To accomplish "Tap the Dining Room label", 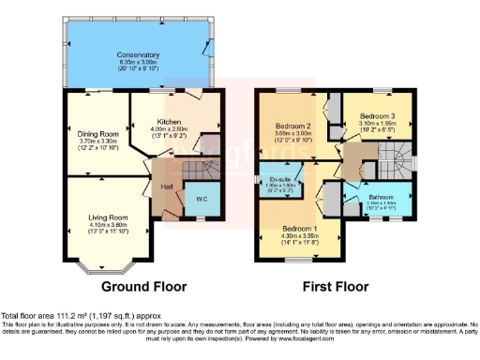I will pos(96,133).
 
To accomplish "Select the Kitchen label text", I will pos(170,122).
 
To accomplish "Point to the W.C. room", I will pos(202,200).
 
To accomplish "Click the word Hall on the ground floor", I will pos(166,187).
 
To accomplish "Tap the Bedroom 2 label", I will pos(292,126).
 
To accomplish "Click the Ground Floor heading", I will pos(143,286).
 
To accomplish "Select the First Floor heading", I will pos(334,286).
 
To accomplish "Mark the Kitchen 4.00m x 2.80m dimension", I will pos(170,129).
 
